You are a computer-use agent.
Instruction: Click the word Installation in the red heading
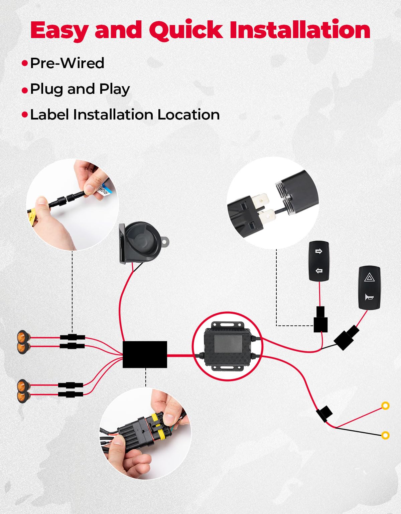coord(300,30)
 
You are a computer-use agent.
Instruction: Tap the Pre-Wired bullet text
coord(67,63)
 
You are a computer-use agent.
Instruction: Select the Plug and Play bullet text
coord(80,89)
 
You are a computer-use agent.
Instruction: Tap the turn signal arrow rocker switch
coord(318,261)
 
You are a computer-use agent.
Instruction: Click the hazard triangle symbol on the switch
coord(369,277)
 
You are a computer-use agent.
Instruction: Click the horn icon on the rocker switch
coord(369,297)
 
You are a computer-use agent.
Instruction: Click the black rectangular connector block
coord(145,354)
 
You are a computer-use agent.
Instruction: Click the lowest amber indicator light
coord(23,397)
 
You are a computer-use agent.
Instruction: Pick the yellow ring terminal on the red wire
coord(385,406)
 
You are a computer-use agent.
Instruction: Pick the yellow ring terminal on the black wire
coord(385,435)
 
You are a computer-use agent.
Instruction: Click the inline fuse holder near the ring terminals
coord(324,413)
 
